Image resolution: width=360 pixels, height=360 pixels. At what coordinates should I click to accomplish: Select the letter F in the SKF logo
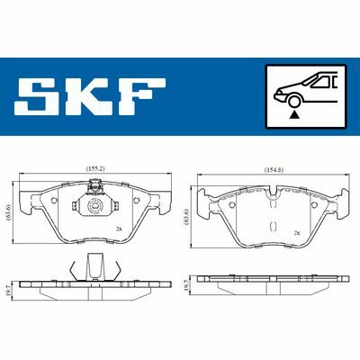[x=140, y=96]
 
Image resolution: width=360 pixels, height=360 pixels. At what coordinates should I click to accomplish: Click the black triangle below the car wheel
[x=295, y=114]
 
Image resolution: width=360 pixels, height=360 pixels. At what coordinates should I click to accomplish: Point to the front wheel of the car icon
[x=294, y=101]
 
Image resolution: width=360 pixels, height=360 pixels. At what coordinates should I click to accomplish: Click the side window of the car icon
[x=321, y=82]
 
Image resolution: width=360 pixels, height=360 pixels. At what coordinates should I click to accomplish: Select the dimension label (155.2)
[x=94, y=169]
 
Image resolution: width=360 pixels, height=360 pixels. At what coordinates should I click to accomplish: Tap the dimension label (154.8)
[x=274, y=170]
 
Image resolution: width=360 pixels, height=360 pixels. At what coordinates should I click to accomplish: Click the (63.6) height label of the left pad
[x=8, y=213]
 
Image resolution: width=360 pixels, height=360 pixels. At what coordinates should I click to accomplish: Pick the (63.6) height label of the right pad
[x=187, y=216]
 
